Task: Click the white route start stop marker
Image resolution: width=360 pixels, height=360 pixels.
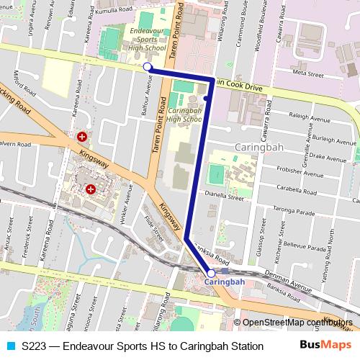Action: click(x=148, y=67)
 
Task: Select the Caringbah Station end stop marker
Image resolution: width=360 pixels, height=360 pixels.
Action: click(x=211, y=274)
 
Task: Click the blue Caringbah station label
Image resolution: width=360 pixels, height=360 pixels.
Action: click(x=225, y=282)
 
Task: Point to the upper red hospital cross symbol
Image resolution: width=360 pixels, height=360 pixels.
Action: click(x=82, y=136)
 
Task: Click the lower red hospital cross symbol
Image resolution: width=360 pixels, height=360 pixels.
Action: click(x=91, y=189)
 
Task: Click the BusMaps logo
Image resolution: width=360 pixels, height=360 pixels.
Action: click(x=322, y=345)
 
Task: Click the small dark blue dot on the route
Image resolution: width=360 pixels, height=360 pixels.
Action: click(x=206, y=98)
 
